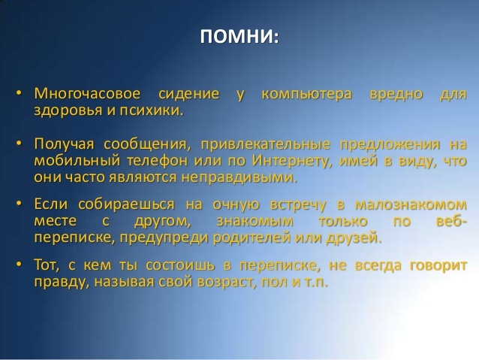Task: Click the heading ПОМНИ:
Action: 239,37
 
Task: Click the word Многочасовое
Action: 87,93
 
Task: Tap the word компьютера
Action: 307,95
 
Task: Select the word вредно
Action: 396,95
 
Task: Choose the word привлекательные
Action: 266,144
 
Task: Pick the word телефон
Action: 157,161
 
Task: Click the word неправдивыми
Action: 239,177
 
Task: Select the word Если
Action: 51,204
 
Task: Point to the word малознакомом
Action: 411,204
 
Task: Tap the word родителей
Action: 252,238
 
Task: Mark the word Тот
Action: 47,265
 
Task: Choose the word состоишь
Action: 180,265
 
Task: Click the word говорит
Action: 438,265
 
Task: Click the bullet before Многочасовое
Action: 20,92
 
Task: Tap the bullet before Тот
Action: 20,264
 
